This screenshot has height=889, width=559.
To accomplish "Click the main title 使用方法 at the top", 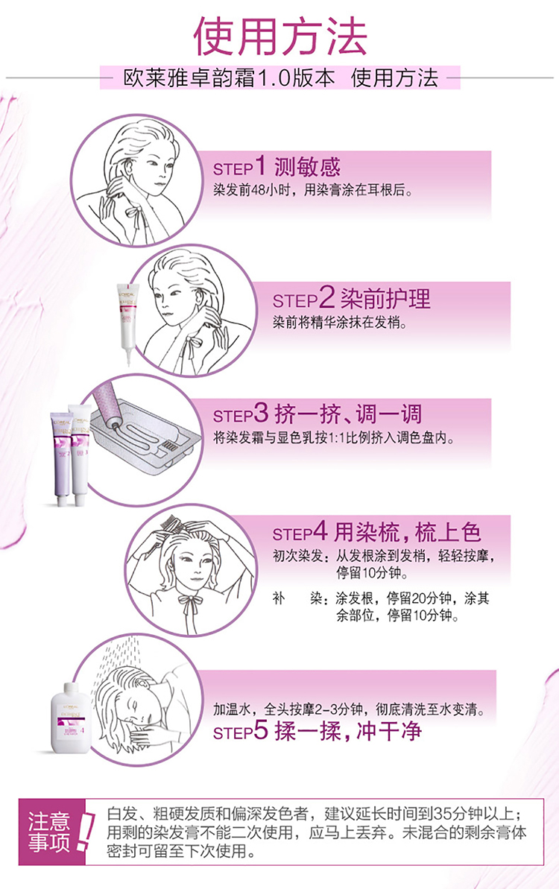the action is [281, 37].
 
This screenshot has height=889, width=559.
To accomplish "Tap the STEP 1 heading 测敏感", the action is [307, 168].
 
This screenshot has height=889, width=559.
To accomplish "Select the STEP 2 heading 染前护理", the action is [385, 299].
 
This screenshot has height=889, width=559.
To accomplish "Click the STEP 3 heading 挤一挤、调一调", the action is [348, 414].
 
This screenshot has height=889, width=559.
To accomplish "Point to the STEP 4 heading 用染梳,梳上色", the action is [407, 532].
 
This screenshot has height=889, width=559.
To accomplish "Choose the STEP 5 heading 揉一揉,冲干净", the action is [348, 731].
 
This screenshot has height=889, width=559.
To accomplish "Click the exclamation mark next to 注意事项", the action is [85, 832].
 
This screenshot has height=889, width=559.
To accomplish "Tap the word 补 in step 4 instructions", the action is [278, 598].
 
